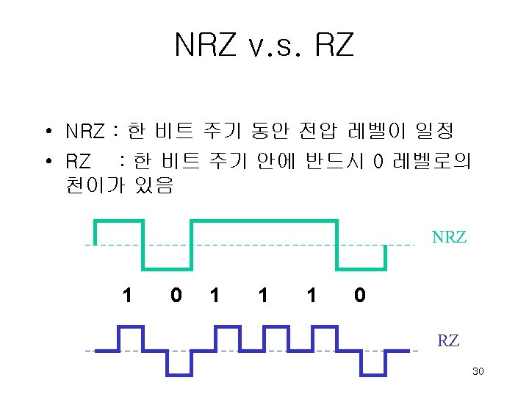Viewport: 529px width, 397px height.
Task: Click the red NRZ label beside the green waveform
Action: (449, 237)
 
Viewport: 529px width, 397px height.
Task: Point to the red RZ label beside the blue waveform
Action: (448, 341)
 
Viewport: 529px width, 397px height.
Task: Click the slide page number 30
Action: (478, 373)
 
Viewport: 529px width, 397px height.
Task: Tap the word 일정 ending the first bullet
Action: (434, 132)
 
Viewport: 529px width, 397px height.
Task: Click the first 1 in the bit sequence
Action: (128, 296)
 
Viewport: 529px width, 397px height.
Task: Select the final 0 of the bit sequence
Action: (359, 296)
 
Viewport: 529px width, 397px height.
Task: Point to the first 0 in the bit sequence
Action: (175, 296)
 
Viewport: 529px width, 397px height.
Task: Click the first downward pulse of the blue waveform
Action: (179, 363)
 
